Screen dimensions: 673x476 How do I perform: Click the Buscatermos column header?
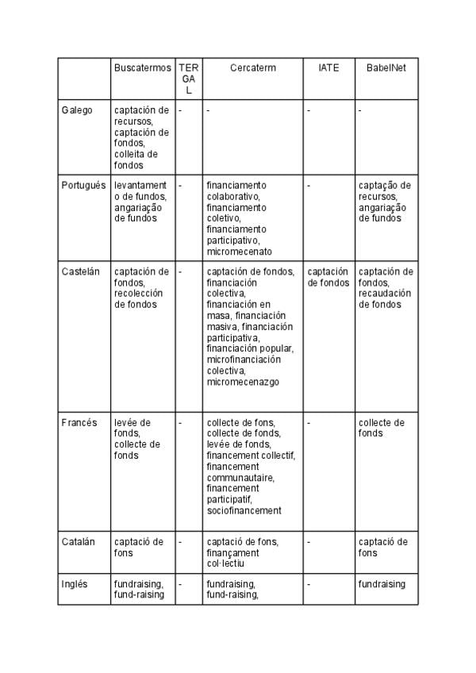142,68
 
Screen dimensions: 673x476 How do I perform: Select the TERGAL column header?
189,79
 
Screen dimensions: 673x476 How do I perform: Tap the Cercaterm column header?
253,68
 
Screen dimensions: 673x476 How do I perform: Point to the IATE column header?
328,68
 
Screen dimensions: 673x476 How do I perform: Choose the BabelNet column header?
386,68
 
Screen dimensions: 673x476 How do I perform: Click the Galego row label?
77,110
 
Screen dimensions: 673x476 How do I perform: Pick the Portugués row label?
83,186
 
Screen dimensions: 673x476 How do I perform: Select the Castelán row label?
81,271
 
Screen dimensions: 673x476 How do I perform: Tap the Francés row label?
79,423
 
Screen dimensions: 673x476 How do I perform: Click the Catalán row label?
79,542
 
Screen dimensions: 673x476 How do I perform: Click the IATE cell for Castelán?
328,277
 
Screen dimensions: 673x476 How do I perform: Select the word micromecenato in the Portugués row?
239,252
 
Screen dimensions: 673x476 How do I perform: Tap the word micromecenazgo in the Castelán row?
243,382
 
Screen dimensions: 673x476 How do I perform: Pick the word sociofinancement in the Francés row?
244,511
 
